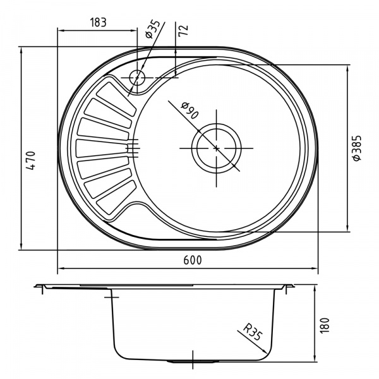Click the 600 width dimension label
pyautogui.click(x=188, y=260)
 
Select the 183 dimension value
pyautogui.click(x=97, y=22)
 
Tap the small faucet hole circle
pyautogui.click(x=137, y=78)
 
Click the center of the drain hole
pyautogui.click(x=216, y=148)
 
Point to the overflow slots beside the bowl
pyautogui.click(x=134, y=147)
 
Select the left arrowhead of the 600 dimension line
pyautogui.click(x=61, y=269)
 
